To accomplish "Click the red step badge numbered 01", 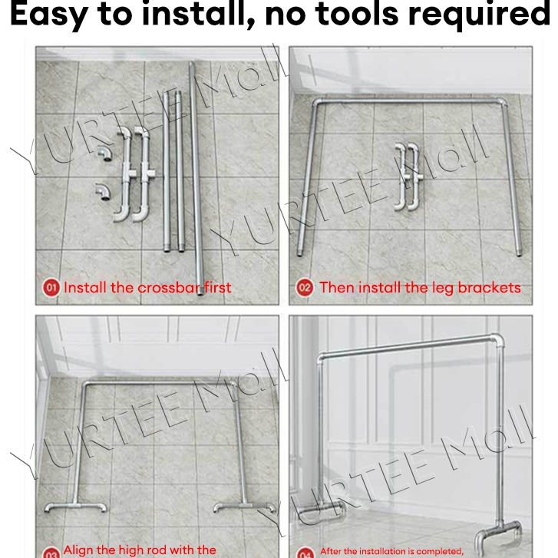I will (x=51, y=289).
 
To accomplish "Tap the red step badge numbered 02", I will (x=305, y=289).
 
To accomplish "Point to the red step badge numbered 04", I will (x=305, y=553).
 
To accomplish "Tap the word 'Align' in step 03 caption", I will (x=78, y=550).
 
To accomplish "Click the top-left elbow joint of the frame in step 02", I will (x=317, y=103).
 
